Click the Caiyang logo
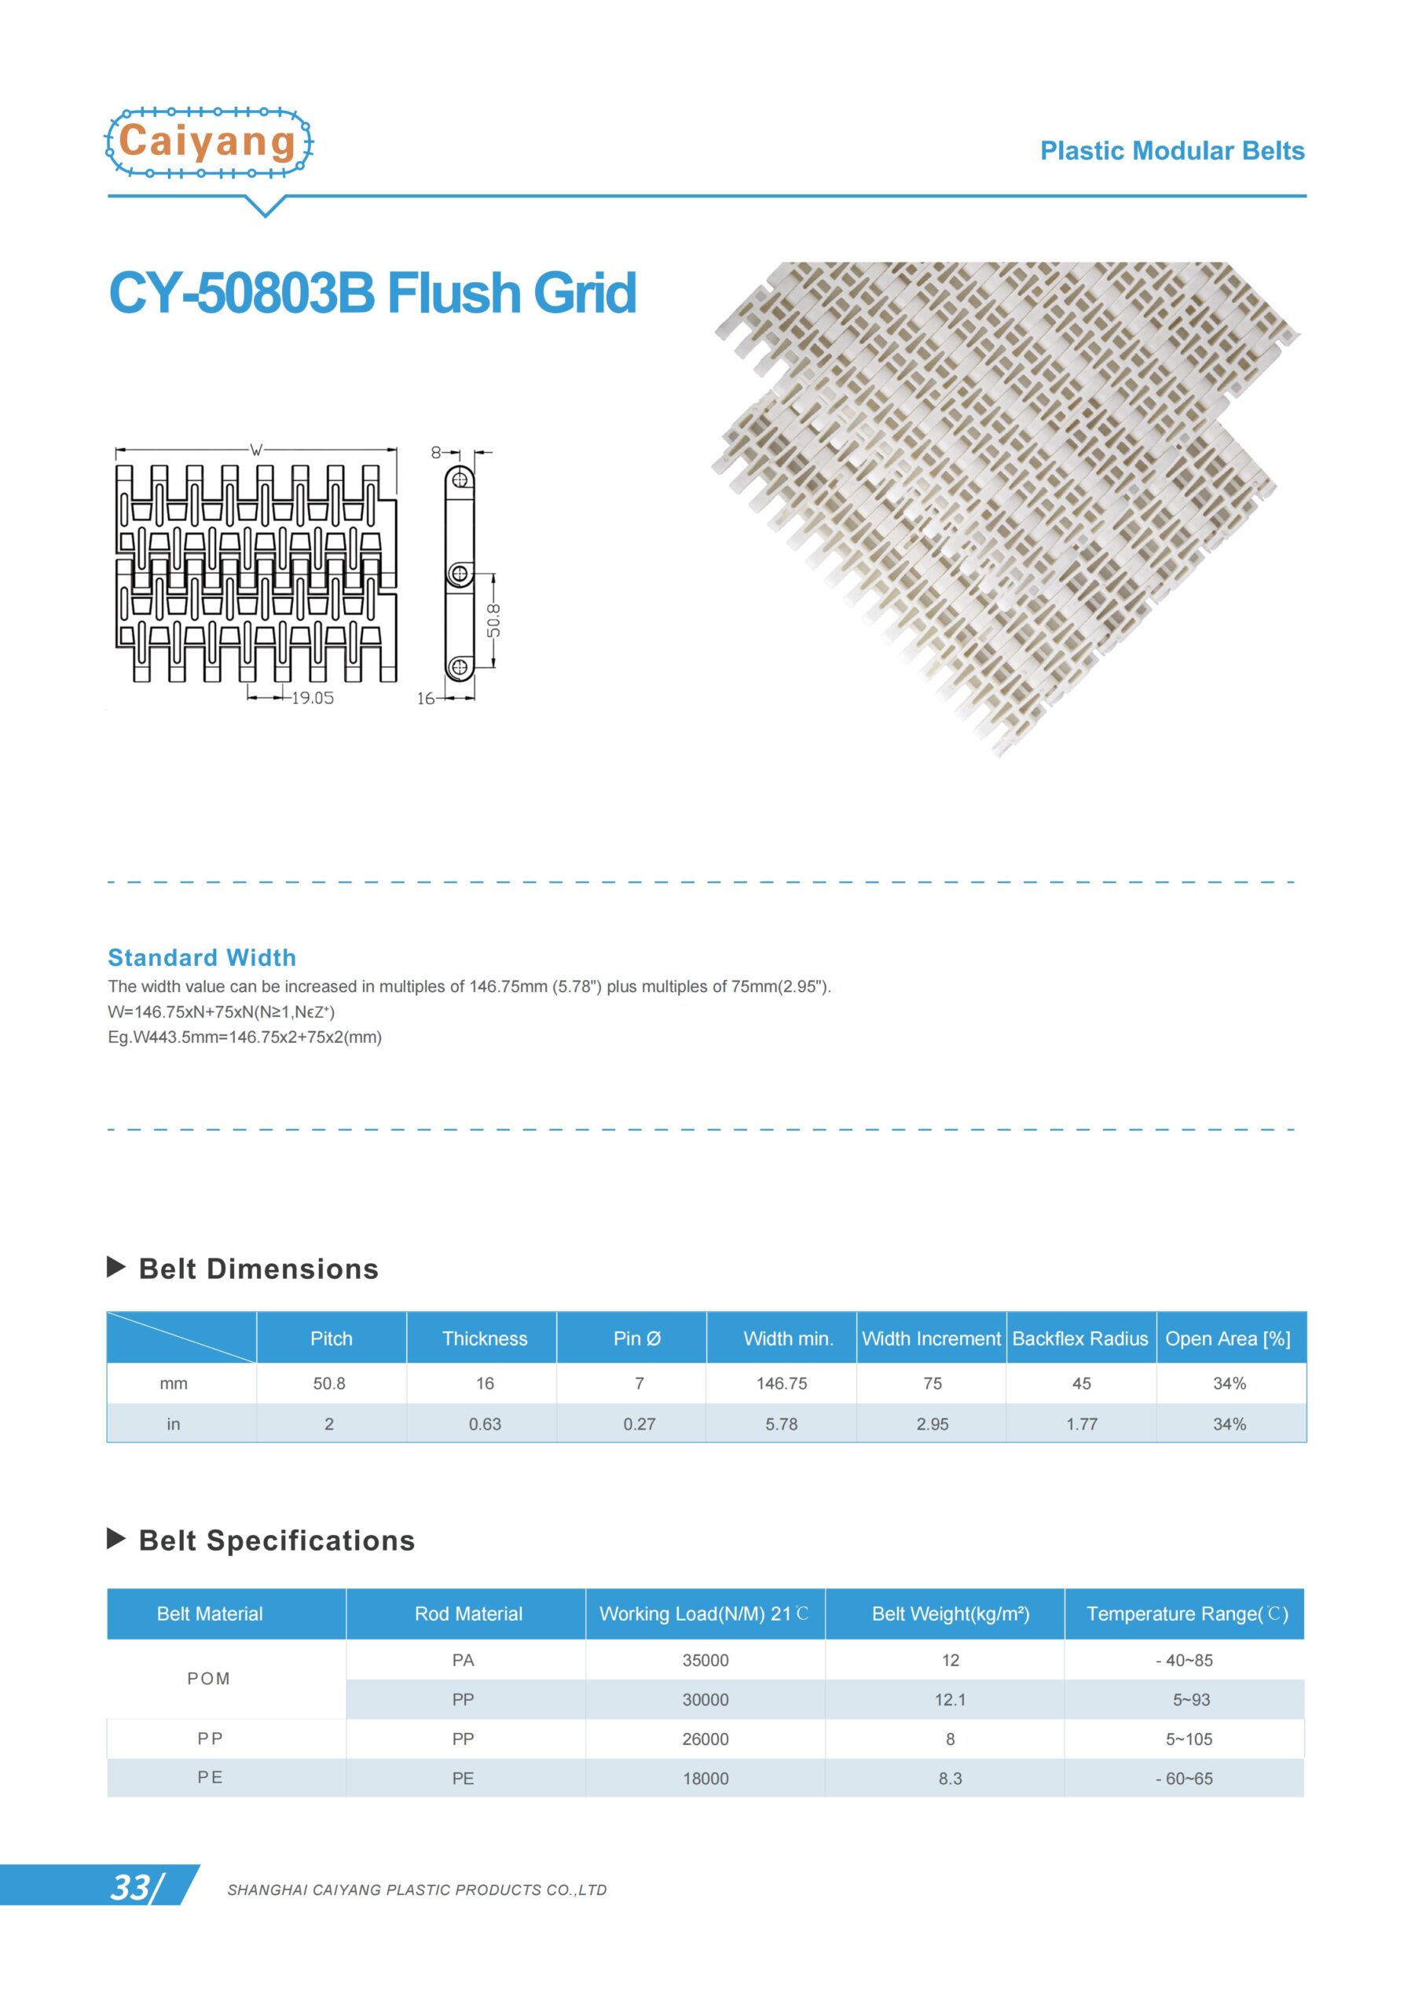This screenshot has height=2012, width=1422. (x=208, y=142)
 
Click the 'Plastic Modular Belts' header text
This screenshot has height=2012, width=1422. (x=1171, y=151)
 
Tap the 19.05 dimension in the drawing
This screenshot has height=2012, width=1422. (x=312, y=698)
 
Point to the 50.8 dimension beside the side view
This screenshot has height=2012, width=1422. (x=494, y=619)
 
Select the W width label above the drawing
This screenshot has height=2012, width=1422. (x=256, y=450)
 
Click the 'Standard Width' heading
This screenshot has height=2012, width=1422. (x=202, y=957)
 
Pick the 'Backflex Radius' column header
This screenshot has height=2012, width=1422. (x=1079, y=1338)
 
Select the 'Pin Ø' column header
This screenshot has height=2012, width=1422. (x=637, y=1338)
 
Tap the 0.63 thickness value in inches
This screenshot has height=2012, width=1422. (x=485, y=1424)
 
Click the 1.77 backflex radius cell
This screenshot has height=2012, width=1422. (x=1081, y=1424)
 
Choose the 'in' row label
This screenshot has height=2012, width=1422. (x=174, y=1424)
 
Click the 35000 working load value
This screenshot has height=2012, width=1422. (x=706, y=1660)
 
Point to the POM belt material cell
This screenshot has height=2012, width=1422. (x=208, y=1678)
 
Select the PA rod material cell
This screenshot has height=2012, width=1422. (x=463, y=1660)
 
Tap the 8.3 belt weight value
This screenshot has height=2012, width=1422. (x=950, y=1778)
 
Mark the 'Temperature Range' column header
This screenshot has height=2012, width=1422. (x=1186, y=1614)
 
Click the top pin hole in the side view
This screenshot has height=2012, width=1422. (x=459, y=479)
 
